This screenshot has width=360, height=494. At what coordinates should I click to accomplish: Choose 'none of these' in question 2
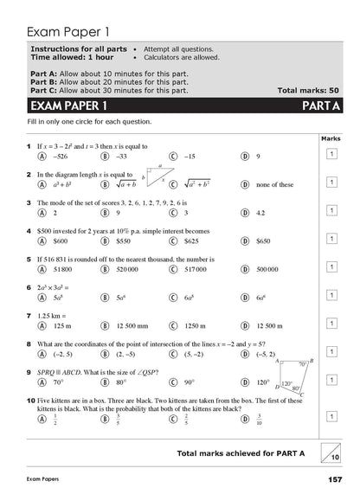276,184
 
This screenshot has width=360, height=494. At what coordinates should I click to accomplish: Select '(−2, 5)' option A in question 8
64,353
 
